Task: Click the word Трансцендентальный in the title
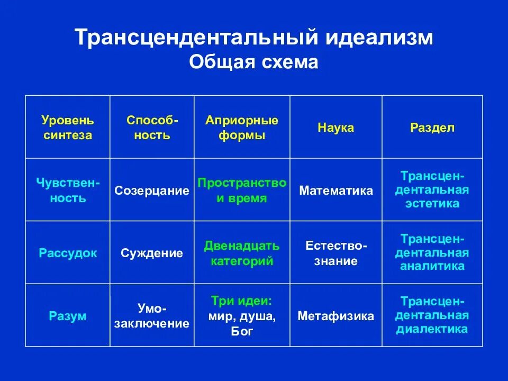click(x=195, y=38)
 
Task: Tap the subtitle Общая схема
click(x=253, y=62)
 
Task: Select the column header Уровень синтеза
click(x=68, y=128)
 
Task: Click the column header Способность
click(x=152, y=128)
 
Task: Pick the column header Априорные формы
click(x=242, y=128)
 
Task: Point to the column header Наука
click(x=335, y=128)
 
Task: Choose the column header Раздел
click(x=432, y=128)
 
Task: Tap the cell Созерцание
click(x=152, y=190)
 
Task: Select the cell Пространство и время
click(x=242, y=190)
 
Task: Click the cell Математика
click(x=335, y=190)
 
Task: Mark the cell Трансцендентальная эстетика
click(x=432, y=189)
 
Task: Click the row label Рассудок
click(x=68, y=253)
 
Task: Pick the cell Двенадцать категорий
click(x=242, y=253)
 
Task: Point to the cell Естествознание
click(x=335, y=253)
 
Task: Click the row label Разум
click(x=68, y=316)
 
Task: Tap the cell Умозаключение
click(x=152, y=316)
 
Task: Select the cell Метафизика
click(x=335, y=316)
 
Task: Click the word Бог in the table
click(x=242, y=332)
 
